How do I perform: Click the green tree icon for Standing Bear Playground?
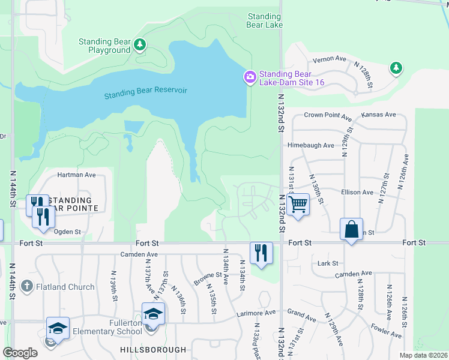click(140, 44)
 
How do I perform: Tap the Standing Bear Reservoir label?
click(146, 93)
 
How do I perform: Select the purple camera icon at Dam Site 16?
click(249, 77)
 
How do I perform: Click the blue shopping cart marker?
click(298, 205)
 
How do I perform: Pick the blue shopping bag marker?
click(351, 229)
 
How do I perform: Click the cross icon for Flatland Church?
click(26, 287)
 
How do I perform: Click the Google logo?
click(20, 353)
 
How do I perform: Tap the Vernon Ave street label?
click(330, 59)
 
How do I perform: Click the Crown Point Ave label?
click(328, 115)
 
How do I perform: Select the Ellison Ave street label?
click(358, 193)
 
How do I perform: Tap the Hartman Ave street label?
click(76, 175)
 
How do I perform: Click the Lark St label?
click(328, 263)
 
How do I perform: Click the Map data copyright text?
click(424, 355)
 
